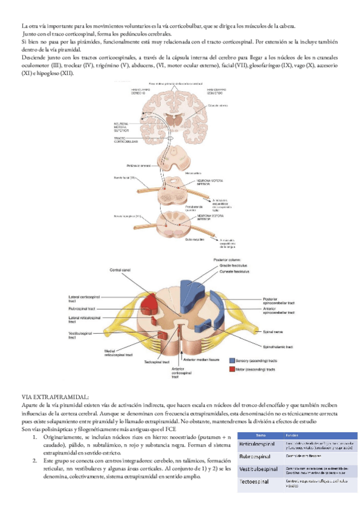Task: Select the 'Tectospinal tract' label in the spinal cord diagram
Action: pos(157,362)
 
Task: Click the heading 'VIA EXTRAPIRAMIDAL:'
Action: pos(55,397)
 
